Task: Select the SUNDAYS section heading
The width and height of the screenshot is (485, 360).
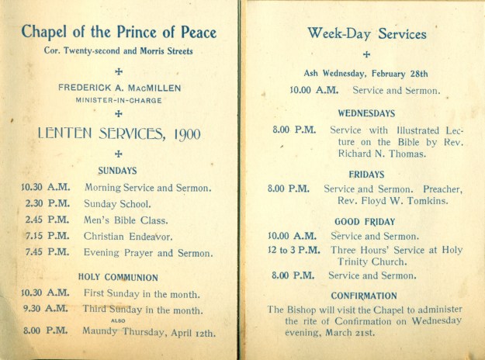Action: click(118, 171)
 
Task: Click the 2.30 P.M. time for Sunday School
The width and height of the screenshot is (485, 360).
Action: click(46, 204)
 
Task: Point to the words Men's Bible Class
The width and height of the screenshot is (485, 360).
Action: click(126, 220)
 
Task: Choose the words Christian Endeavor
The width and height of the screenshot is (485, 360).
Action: click(128, 237)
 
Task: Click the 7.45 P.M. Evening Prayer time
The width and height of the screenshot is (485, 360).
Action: click(46, 253)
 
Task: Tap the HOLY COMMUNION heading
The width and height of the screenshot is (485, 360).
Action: click(118, 277)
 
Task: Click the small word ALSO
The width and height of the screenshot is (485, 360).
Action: click(118, 320)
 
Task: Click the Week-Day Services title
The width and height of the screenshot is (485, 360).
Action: click(366, 34)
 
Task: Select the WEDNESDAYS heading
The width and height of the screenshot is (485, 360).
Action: click(366, 113)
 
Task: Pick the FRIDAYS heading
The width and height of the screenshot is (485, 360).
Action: click(366, 174)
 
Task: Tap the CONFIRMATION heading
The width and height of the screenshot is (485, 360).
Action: click(364, 296)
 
